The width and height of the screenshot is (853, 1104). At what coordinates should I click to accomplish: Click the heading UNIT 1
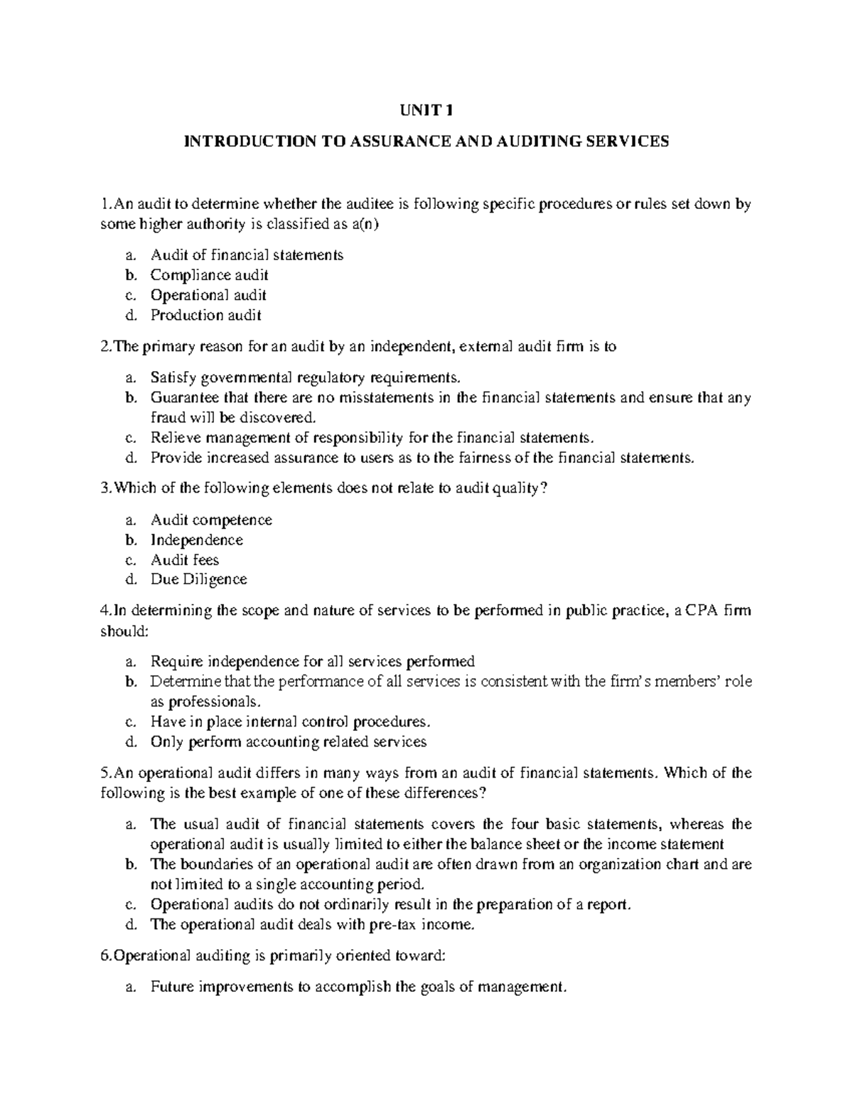426,110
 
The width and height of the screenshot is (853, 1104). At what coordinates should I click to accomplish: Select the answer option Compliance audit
209,274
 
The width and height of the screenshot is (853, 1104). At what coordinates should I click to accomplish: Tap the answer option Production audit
206,314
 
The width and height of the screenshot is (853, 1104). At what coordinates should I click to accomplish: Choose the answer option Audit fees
185,559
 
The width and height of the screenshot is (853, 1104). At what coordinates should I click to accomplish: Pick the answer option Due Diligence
198,579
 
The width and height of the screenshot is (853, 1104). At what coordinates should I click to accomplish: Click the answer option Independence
196,540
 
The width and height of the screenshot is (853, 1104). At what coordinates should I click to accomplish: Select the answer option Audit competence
211,520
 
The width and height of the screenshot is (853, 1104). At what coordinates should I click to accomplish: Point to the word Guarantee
178,397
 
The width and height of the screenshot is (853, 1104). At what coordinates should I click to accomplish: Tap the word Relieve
171,437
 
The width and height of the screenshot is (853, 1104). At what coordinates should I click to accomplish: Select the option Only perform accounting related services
288,741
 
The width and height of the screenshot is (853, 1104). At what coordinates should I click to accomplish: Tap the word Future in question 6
172,987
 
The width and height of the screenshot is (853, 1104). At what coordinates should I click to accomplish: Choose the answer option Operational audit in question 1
208,294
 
